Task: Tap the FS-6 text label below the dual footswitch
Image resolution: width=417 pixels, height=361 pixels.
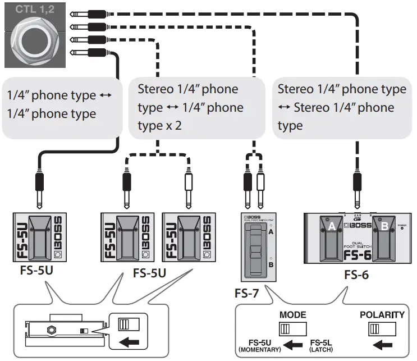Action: click(356, 276)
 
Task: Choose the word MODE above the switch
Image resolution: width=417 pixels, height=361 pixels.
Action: click(292, 314)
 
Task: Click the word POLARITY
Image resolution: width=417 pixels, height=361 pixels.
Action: click(382, 314)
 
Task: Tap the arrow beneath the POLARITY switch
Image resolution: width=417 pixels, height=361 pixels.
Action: click(382, 344)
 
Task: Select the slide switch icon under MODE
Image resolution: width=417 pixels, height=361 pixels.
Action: click(292, 328)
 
